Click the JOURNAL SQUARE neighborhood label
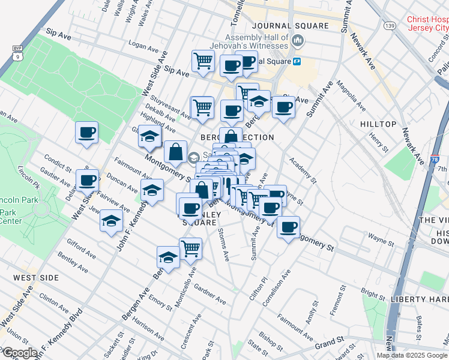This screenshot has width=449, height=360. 291,26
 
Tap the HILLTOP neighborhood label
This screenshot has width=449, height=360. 378,124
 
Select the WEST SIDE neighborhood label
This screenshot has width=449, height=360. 36,278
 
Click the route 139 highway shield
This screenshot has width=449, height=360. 390,26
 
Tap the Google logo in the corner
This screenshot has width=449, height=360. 20,353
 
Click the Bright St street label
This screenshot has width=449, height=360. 373,296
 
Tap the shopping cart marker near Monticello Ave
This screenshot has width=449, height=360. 190,247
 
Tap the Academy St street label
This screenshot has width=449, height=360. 302,169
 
